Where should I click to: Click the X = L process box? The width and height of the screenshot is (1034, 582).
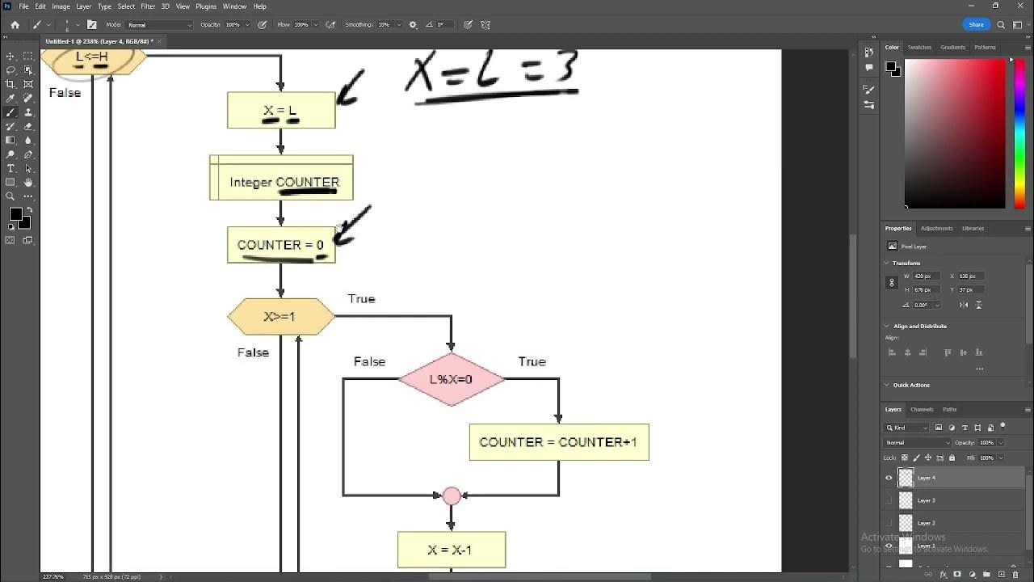pos(281,110)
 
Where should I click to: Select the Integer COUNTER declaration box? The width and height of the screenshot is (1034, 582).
pos(281,179)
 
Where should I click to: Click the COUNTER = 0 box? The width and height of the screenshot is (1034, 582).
pos(280,244)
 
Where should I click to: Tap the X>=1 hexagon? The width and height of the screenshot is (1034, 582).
pos(280,316)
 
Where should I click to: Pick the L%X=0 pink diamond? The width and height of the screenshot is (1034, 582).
pos(452,379)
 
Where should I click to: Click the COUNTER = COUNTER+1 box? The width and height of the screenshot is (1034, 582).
pos(558,442)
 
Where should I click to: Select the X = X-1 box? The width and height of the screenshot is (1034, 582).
pos(451,550)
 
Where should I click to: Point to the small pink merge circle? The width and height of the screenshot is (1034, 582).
pos(452,496)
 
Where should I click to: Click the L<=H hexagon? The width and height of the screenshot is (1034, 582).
pos(92,58)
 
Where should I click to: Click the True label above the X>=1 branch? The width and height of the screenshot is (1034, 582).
pos(361,299)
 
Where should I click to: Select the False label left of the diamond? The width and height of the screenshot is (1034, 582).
pos(369,361)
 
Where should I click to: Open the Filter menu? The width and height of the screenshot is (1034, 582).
pos(148,6)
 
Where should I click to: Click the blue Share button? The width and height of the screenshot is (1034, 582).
pos(976,24)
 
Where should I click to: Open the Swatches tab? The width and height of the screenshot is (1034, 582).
pos(919,47)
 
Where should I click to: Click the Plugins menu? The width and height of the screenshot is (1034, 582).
pos(206,6)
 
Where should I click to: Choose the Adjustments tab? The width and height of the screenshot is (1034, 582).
pos(937,228)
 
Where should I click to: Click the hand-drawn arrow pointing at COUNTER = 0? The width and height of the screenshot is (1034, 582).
pos(352,226)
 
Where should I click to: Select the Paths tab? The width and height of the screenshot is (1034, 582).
pos(950,409)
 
